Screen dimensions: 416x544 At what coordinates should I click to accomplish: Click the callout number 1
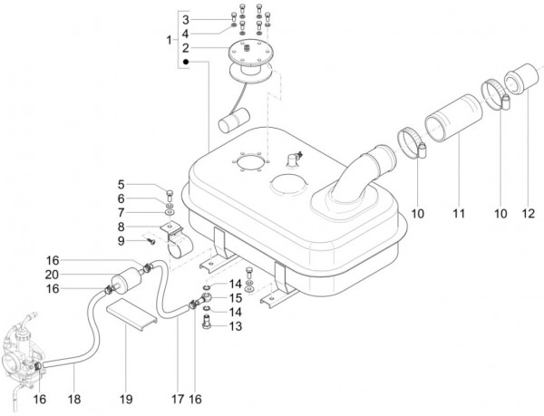tap(170, 41)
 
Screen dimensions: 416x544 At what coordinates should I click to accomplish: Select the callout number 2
tap(185, 48)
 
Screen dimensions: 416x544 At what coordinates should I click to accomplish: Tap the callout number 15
tap(235, 297)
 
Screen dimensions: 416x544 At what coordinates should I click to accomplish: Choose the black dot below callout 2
tap(185, 63)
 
